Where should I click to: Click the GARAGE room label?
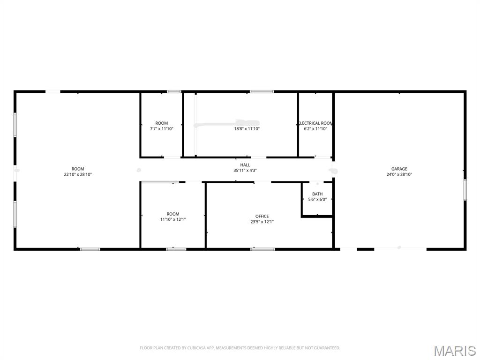pos(399,169)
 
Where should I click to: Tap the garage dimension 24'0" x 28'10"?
pos(399,174)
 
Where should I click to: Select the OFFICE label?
pos(262,216)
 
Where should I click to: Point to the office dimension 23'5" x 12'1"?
pos(262,222)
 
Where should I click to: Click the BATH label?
pos(317,194)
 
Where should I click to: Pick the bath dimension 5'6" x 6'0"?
pos(317,200)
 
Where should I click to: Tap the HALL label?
pos(245,165)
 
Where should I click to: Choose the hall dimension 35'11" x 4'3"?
pos(245,171)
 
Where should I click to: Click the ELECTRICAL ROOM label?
pos(315,123)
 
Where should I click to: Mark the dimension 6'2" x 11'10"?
pos(315,128)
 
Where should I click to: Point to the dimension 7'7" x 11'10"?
pos(162,128)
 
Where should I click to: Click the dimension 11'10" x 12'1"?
pos(173,219)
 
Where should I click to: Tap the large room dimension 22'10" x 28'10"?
pos(78,174)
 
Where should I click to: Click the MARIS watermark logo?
pos(455,351)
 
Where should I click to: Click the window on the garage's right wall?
pos(465,190)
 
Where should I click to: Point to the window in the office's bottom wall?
pos(262,249)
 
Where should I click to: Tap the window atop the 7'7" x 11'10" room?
pos(174,91)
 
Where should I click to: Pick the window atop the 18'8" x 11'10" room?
pos(262,91)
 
